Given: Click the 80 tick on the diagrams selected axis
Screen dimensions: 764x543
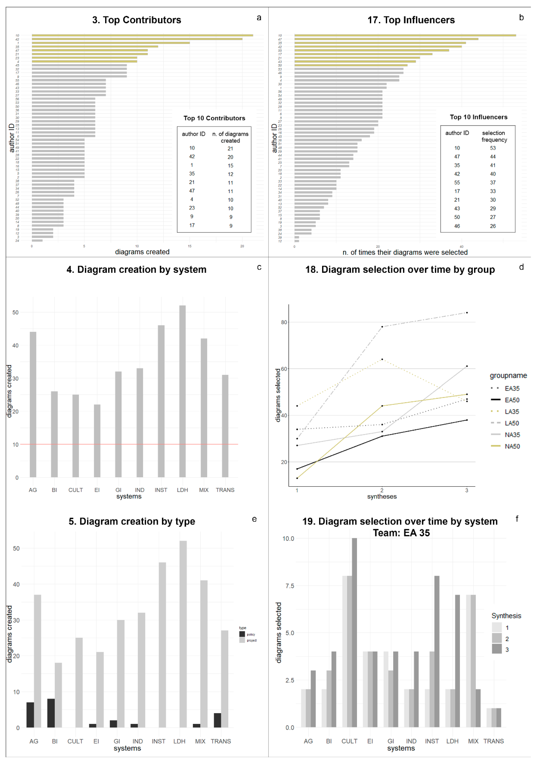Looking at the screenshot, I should pyautogui.click(x=284, y=322).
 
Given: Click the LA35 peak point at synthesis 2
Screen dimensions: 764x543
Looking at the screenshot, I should pyautogui.click(x=382, y=359).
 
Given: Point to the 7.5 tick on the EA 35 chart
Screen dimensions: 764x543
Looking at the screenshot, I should pyautogui.click(x=288, y=586).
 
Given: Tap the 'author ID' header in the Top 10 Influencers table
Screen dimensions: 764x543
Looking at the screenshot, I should pyautogui.click(x=457, y=133).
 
